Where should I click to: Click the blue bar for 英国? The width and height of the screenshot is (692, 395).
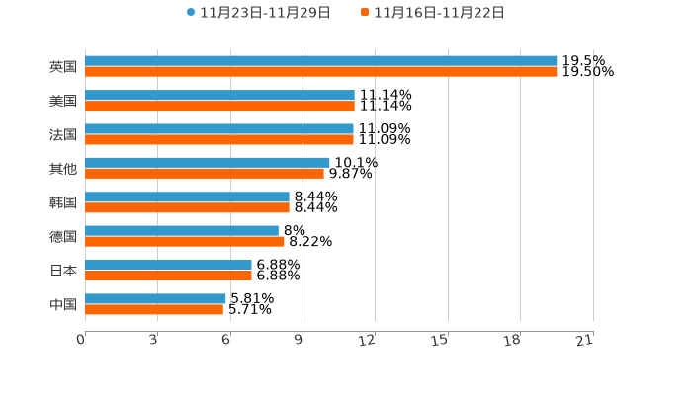pos(321,61)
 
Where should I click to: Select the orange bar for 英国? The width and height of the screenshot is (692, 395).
pos(321,72)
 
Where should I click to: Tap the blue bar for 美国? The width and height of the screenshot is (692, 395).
pos(219,95)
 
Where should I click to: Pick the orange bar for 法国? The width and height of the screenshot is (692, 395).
pos(219,139)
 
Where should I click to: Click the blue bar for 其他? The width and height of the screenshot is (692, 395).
pos(208,162)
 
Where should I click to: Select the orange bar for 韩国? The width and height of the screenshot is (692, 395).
pos(187,207)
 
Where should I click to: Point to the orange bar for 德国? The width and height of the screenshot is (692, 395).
pos(185,241)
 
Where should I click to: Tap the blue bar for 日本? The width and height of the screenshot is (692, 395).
pos(168,265)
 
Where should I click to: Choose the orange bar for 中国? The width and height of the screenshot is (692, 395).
pos(154,309)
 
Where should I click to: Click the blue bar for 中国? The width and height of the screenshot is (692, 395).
pos(155,298)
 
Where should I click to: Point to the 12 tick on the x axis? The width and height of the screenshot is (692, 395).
pos(368,341)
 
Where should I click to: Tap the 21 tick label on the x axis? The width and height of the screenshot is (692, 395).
pos(585,341)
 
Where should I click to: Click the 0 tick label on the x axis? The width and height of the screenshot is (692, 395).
pos(82,341)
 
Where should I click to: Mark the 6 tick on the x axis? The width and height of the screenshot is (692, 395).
pos(226,341)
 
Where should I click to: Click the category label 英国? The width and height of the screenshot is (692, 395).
pos(63,67)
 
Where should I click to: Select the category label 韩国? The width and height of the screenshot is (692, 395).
pos(63,202)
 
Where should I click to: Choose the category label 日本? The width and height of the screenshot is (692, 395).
pos(63,271)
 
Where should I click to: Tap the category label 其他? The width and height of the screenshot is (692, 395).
pos(63,169)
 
